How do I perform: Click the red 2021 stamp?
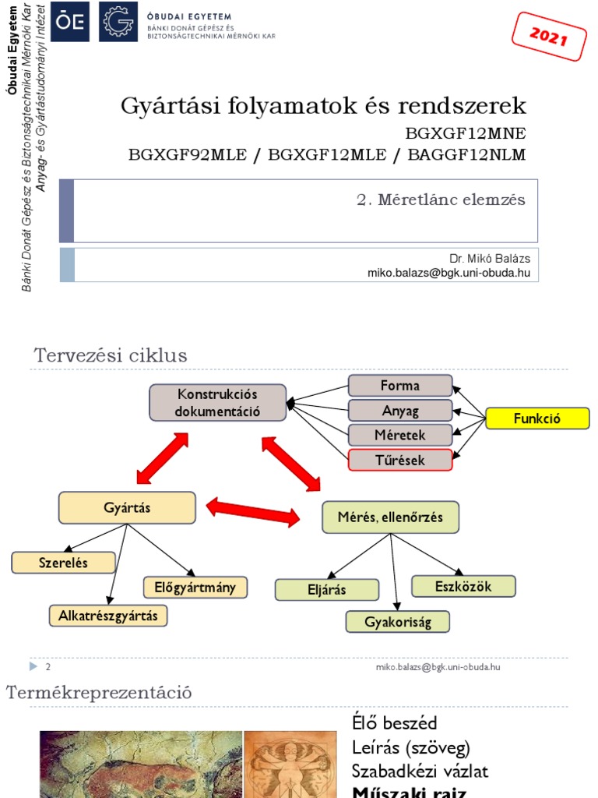[549, 36]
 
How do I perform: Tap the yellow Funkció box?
[537, 419]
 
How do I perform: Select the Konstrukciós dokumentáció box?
[218, 403]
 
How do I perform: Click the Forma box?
[400, 386]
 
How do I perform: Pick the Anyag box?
[400, 411]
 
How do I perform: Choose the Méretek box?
[400, 435]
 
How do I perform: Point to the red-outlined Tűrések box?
[400, 460]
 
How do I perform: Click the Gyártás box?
[127, 508]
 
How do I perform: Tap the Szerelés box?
[64, 562]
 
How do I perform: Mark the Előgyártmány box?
[195, 587]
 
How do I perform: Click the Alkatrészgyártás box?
[107, 616]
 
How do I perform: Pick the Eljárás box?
[326, 590]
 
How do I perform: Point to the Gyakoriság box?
[398, 622]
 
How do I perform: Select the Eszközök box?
[463, 586]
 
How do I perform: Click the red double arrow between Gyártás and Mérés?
[253, 512]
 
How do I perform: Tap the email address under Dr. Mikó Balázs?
[449, 273]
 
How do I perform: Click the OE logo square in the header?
[70, 21]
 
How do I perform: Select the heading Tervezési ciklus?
[111, 356]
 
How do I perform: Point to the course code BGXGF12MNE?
[466, 132]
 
